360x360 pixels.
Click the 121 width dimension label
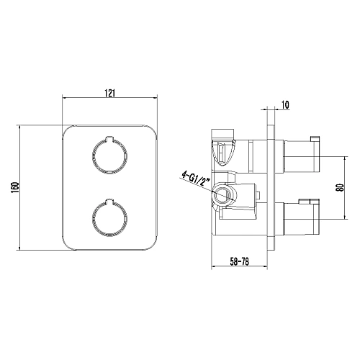pos(109,93)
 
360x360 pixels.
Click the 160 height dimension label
pos(15,187)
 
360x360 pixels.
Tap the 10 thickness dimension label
pos(285,105)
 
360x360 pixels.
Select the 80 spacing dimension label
pos(340,187)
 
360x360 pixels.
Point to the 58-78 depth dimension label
pos(239,261)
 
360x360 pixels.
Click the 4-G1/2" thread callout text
pos(196,177)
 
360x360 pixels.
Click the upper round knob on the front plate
pos(109,156)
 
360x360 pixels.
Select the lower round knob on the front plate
pos(109,218)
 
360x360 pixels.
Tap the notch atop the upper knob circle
pos(109,138)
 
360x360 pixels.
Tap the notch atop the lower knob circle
pos(109,202)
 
